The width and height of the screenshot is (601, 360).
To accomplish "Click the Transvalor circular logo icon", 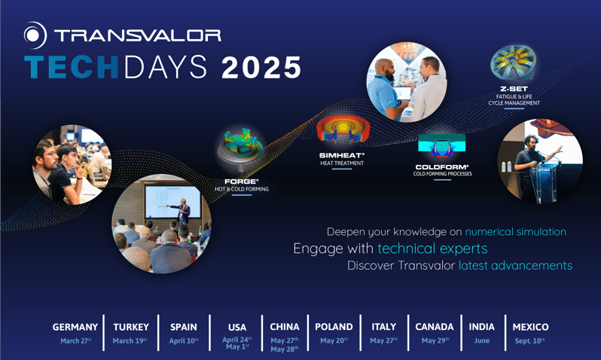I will point(35,35).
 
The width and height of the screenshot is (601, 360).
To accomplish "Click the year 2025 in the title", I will point(261,69).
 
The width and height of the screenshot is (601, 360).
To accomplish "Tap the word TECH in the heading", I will point(71,69).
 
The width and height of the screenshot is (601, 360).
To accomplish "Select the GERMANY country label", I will point(75,327).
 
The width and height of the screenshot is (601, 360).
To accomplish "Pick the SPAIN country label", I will point(183,327).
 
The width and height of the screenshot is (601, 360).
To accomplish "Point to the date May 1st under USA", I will point(236,347).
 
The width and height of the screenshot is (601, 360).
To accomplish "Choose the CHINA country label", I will point(285,327).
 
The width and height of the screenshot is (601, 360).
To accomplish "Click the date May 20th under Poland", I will point(333,340).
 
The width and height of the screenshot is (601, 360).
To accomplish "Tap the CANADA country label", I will point(435,327).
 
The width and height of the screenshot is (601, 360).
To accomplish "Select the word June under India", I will point(482,340).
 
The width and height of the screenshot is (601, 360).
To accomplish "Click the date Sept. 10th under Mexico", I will point(529,340).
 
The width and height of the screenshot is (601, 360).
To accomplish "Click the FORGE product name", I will point(240,182).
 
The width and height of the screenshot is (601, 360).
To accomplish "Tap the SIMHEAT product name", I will point(341,155).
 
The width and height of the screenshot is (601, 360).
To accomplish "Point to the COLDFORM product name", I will point(442,166).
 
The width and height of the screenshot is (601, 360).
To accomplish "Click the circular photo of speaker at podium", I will point(539,160).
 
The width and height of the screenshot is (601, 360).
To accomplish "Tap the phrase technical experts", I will point(432,249).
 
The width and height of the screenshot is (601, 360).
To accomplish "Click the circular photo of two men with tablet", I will point(406,82).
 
